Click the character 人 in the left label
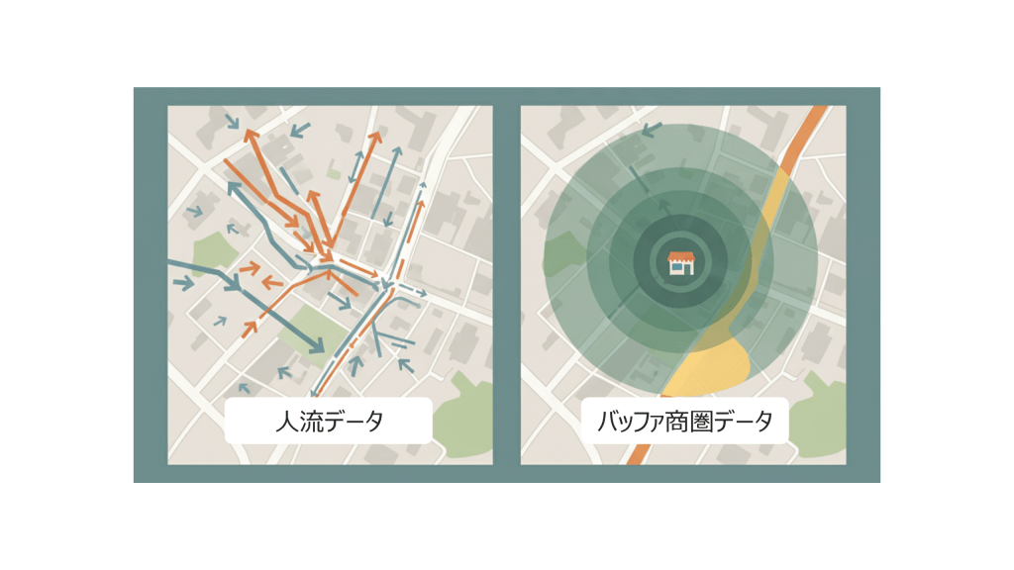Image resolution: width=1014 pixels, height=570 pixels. point(285,423)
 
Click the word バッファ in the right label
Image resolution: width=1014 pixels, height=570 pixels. point(625,423)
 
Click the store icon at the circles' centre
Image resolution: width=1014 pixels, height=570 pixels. point(681,262)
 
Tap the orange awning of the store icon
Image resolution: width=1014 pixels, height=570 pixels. point(681,256)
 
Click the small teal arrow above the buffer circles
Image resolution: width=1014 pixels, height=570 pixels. point(652,129)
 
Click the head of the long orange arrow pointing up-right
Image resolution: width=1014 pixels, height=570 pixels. point(376,136)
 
